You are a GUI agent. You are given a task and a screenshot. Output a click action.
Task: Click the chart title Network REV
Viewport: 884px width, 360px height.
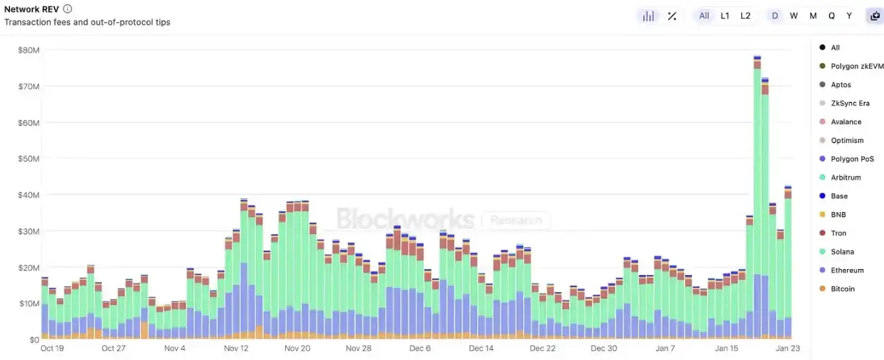point(31,9)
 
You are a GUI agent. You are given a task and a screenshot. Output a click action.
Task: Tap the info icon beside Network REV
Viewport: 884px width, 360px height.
point(68,9)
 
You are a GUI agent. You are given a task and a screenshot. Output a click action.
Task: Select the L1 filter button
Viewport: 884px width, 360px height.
point(725,16)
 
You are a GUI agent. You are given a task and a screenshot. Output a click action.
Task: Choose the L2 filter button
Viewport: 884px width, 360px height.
point(745,16)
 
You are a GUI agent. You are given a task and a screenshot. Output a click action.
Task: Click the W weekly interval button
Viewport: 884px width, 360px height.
point(794,16)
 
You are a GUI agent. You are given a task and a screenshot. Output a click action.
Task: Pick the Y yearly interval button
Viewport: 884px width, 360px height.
point(849,16)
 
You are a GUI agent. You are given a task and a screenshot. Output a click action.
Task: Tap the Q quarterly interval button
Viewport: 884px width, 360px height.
point(832,16)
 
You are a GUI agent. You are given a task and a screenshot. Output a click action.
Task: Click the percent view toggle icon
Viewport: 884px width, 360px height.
point(671,16)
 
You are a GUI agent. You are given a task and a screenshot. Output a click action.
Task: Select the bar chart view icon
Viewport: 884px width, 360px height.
point(648,16)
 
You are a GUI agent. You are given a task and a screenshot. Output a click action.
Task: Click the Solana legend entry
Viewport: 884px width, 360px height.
point(842,252)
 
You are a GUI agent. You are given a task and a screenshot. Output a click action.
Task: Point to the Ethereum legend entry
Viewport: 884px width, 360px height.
point(847,270)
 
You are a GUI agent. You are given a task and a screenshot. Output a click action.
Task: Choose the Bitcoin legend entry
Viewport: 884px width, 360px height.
point(843,289)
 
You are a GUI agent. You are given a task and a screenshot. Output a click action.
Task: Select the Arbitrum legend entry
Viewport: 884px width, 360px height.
point(845,177)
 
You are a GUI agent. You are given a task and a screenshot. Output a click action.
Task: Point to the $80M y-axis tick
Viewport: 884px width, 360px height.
point(29,50)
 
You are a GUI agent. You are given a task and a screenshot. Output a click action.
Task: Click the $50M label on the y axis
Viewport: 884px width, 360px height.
point(29,159)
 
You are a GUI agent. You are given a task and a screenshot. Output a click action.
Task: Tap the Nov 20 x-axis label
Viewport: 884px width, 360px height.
point(297,348)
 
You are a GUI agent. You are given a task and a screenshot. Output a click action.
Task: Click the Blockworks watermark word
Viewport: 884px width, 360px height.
point(405,219)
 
